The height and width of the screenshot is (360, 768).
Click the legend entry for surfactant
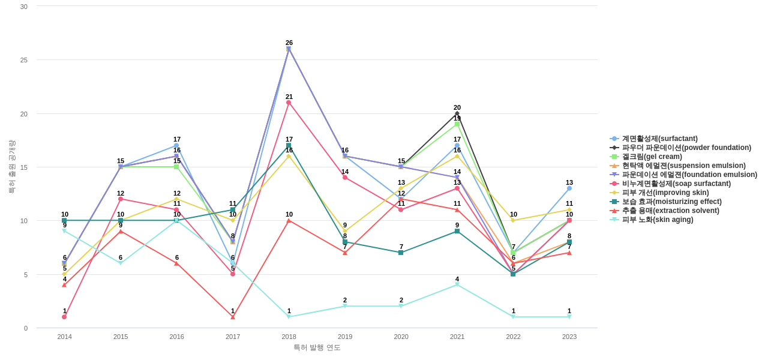click(x=659, y=139)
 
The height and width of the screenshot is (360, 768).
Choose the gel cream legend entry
click(x=652, y=157)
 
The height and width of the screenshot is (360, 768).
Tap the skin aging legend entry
click(x=657, y=220)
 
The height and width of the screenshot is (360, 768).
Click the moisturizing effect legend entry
click(x=671, y=202)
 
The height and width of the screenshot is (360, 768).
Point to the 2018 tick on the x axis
click(x=289, y=337)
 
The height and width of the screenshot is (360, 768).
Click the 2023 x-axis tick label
click(x=569, y=337)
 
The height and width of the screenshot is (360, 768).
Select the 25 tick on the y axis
click(x=24, y=60)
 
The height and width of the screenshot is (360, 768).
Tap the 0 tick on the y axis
click(x=26, y=328)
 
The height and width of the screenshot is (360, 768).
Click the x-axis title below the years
click(x=317, y=347)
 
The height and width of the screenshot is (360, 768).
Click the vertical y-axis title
click(x=11, y=167)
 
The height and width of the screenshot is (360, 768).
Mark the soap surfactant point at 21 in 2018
click(x=289, y=103)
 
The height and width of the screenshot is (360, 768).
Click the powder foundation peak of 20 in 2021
click(x=457, y=113)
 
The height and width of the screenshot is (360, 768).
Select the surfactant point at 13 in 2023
click(x=569, y=188)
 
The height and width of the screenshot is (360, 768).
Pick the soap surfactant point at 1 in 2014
click(x=64, y=317)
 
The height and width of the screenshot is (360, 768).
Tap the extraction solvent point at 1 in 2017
click(x=233, y=317)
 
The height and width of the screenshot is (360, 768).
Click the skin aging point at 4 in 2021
click(x=457, y=285)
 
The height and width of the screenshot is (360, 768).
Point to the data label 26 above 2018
click(x=289, y=43)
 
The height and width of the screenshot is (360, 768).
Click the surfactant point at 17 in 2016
click(x=176, y=146)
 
